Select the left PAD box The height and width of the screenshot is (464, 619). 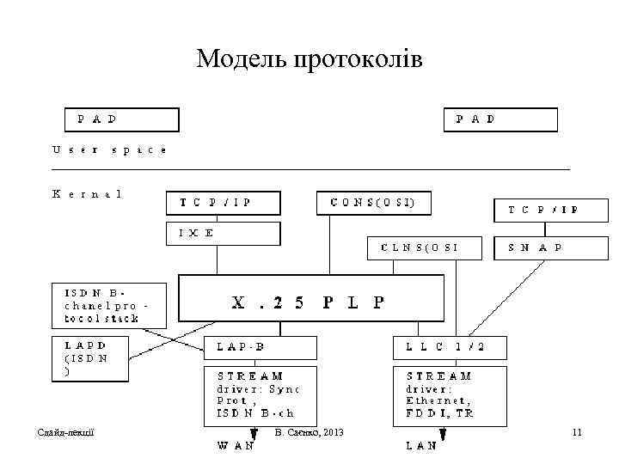click(x=122, y=119)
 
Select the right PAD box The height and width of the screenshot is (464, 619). click(x=500, y=119)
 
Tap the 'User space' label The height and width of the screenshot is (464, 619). click(x=109, y=150)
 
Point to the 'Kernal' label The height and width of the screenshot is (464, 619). click(x=87, y=194)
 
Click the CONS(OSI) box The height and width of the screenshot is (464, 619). click(x=373, y=203)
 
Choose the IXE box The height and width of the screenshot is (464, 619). click(x=223, y=233)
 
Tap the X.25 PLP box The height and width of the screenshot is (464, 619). click(x=310, y=302)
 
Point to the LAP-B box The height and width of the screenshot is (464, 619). click(x=260, y=348)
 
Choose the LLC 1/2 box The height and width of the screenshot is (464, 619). click(x=450, y=348)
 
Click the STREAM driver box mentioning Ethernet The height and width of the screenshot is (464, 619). click(x=450, y=394)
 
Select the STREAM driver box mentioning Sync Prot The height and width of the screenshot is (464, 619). click(x=260, y=394)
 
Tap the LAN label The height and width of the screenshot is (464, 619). click(x=421, y=445)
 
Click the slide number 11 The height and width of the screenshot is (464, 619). click(x=577, y=432)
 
